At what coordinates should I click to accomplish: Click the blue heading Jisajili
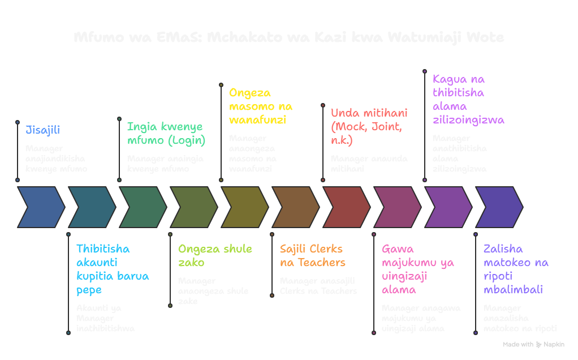42,130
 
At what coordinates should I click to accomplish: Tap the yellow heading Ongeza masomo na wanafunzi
260,106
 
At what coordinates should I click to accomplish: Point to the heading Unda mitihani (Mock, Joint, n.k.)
369,126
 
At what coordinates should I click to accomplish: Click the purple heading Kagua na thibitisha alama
468,100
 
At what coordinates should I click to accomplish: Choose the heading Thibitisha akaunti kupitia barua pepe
113,269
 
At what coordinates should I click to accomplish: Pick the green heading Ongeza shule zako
215,256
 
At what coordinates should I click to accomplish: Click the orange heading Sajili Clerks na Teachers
312,256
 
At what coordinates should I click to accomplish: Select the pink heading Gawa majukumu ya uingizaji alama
417,269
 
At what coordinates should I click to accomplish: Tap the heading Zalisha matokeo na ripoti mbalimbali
515,269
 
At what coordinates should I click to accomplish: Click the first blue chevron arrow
41,207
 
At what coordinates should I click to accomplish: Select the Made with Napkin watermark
533,344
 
